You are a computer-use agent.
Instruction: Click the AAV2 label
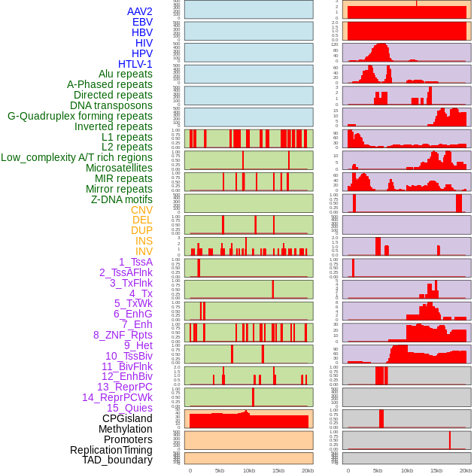[139, 11]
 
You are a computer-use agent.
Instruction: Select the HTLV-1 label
[135, 64]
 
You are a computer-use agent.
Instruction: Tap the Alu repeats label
[125, 74]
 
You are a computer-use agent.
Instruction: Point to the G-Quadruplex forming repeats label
[80, 116]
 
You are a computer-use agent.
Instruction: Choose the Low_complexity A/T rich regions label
[76, 157]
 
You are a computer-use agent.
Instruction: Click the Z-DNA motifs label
[121, 199]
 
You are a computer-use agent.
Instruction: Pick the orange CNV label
[141, 210]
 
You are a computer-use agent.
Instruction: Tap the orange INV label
[144, 251]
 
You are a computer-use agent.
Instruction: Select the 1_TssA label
[135, 262]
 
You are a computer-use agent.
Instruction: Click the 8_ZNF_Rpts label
[123, 335]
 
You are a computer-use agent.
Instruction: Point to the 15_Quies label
[129, 408]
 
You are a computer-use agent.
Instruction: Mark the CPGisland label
[127, 418]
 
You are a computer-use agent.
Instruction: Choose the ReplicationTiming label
[111, 450]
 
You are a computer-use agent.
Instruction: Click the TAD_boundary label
[117, 460]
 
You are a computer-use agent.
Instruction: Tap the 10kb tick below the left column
[248, 470]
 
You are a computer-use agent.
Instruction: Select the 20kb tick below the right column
[466, 470]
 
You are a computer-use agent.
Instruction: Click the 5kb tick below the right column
[378, 470]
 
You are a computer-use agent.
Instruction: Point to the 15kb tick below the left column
[278, 470]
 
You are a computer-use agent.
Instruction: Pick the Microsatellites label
[119, 168]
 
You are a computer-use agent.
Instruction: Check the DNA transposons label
[111, 105]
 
